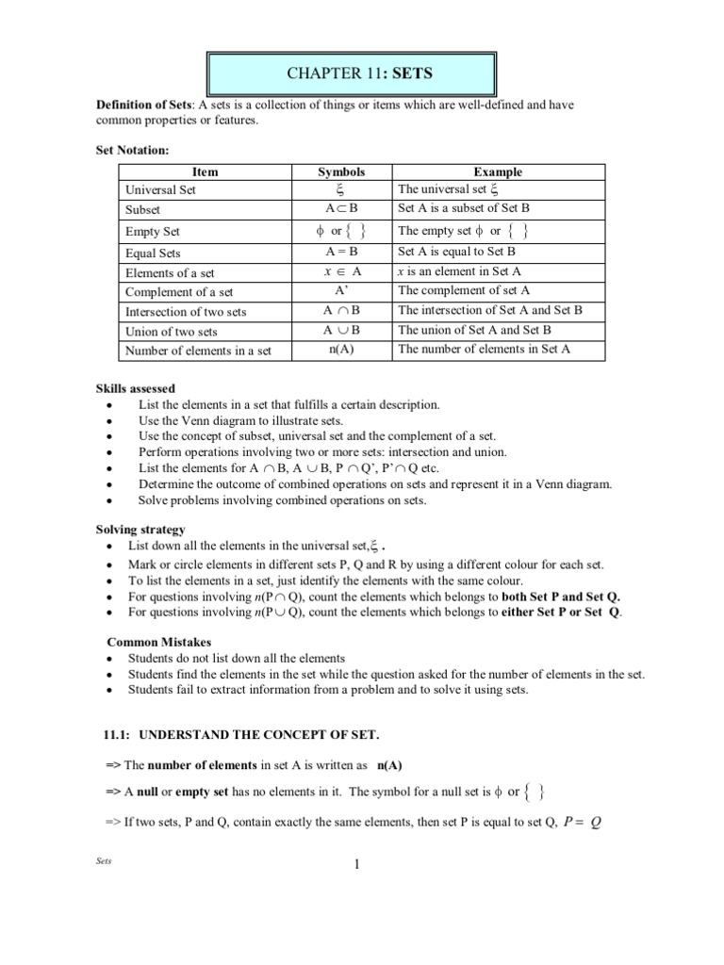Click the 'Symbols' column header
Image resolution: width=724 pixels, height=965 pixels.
pyautogui.click(x=340, y=172)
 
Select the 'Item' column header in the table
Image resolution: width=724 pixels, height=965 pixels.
pyautogui.click(x=205, y=172)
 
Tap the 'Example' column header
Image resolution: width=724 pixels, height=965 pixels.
pyautogui.click(x=498, y=172)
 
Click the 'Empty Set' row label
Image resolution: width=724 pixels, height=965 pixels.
pyautogui.click(x=153, y=232)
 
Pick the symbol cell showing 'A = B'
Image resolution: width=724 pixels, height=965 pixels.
pyautogui.click(x=340, y=253)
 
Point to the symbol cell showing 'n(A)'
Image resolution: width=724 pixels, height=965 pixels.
pyautogui.click(x=340, y=350)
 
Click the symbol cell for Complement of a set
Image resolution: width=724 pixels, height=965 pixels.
pyautogui.click(x=340, y=291)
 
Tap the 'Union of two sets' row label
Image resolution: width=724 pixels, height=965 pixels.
pyautogui.click(x=172, y=332)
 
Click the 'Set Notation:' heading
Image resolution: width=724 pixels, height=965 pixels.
pyautogui.click(x=133, y=149)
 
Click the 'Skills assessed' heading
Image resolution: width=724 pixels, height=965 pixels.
pyautogui.click(x=135, y=388)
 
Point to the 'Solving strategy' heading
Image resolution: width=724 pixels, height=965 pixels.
pyautogui.click(x=140, y=530)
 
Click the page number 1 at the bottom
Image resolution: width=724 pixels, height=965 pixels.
pyautogui.click(x=358, y=866)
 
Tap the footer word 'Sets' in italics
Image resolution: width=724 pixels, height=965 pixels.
pyautogui.click(x=105, y=862)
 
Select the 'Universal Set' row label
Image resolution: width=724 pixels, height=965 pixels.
pyautogui.click(x=159, y=189)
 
